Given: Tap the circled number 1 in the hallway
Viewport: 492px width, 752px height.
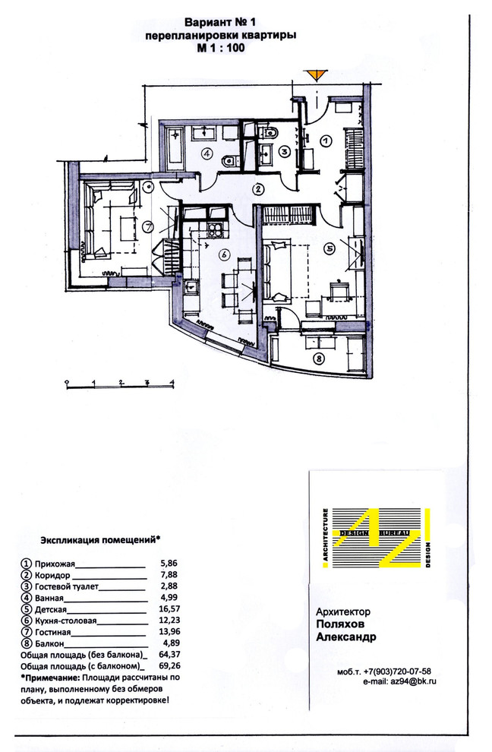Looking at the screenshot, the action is tap(326, 141).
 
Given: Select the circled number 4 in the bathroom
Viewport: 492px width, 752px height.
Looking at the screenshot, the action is tap(207, 154).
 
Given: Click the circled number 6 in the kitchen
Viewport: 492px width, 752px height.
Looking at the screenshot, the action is tap(224, 254).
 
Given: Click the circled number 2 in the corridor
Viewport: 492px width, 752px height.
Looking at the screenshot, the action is tap(259, 189).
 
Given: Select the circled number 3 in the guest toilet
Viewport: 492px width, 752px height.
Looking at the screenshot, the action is tap(285, 152).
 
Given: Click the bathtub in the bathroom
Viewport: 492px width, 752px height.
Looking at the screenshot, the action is tap(174, 147).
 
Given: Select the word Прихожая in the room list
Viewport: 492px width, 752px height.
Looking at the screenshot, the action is tap(55, 564).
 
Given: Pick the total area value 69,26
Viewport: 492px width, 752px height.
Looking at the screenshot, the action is tap(169, 666).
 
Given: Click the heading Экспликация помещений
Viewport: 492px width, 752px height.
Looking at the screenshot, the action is tap(100, 540).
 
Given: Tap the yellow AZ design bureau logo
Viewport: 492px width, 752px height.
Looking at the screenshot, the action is tap(377, 538).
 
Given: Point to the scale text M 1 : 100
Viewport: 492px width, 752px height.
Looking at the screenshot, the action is tap(221, 48).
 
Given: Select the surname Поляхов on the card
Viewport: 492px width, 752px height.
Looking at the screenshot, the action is tap(340, 624).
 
